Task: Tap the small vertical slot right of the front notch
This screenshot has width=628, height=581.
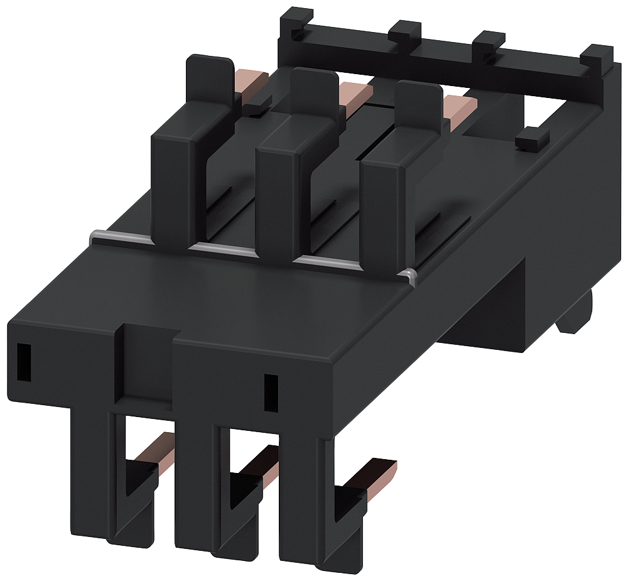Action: [271, 393]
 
